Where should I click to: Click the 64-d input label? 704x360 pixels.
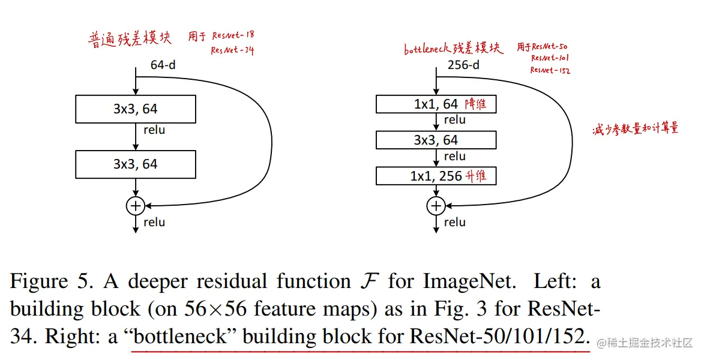click(x=163, y=65)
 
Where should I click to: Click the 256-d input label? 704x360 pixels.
click(x=463, y=65)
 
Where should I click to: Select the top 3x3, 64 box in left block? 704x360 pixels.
click(x=136, y=109)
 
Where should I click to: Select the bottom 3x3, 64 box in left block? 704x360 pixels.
click(x=136, y=164)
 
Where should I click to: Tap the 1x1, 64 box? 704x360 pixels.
click(x=436, y=104)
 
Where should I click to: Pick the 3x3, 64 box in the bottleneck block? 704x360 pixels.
click(x=436, y=140)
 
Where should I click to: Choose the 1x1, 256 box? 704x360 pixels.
click(x=436, y=176)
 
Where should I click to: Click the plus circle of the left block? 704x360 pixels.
click(x=136, y=206)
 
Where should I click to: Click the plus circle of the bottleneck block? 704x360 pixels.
click(x=436, y=206)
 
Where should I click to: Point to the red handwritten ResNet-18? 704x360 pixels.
click(x=233, y=36)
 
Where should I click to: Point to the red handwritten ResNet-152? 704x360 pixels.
click(x=549, y=70)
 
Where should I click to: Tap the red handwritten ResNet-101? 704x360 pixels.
click(x=550, y=58)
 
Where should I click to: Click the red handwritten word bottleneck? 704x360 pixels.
click(x=429, y=49)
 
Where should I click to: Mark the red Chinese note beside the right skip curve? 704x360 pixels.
click(x=635, y=129)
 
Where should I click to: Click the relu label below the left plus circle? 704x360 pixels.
click(x=154, y=223)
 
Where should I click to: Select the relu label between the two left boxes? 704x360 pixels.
click(x=154, y=130)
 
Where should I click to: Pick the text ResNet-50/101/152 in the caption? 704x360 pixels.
click(x=497, y=337)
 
